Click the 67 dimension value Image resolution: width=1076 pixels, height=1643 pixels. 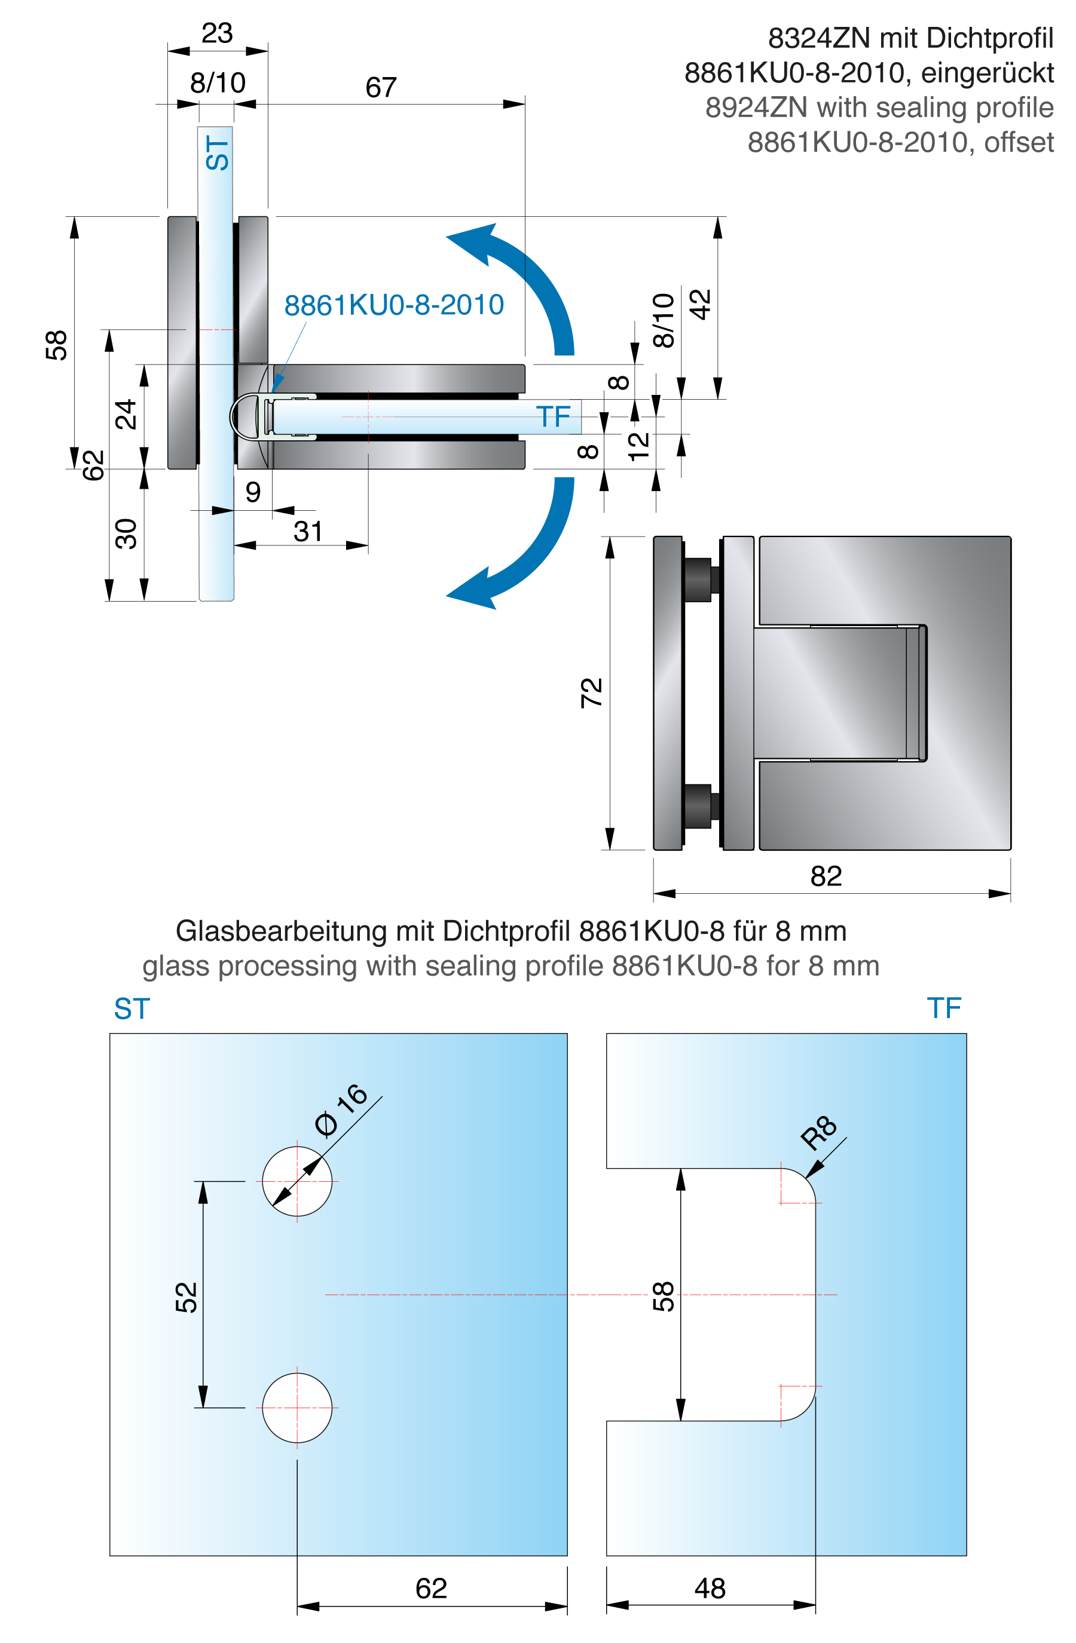[381, 88]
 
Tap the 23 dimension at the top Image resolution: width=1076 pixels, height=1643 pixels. [217, 33]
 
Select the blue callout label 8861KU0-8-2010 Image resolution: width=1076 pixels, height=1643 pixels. [394, 305]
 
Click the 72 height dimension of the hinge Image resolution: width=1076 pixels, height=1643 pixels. [592, 692]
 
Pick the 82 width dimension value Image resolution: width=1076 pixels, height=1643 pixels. [826, 876]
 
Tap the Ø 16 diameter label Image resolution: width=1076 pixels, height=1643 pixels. [341, 1109]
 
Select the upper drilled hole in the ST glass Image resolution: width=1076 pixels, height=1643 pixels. [297, 1181]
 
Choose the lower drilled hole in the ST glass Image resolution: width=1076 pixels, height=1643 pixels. [297, 1408]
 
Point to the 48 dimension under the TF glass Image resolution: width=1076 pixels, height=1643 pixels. [710, 1589]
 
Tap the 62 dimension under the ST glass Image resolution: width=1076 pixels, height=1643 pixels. [431, 1589]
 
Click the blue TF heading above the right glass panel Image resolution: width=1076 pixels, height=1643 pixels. [943, 1008]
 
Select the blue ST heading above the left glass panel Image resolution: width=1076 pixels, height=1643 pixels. [132, 1009]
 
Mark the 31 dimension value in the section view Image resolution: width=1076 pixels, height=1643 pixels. [308, 532]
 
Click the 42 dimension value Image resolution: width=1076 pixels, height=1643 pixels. [701, 305]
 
